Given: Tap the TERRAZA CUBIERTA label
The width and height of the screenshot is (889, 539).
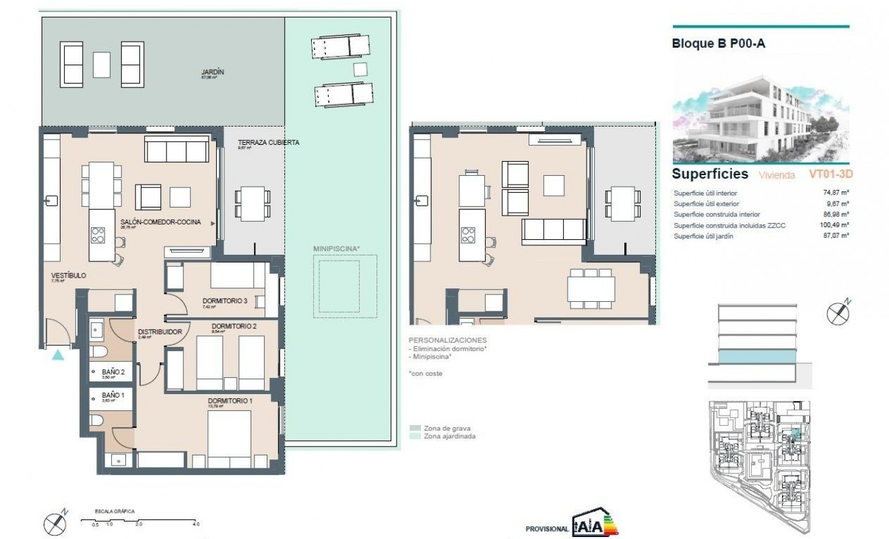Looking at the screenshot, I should tap(268, 142).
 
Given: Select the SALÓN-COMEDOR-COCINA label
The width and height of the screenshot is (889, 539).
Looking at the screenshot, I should tap(160, 222).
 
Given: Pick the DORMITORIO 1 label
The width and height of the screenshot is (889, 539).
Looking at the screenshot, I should tap(230, 402).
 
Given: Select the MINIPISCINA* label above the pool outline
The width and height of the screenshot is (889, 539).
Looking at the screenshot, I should tap(337, 249).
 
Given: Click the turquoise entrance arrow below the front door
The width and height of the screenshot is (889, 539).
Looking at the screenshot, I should tap(59, 354).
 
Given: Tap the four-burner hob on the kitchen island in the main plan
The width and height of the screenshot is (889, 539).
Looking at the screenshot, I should tap(98, 234).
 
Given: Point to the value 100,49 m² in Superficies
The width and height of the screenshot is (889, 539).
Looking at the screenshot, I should tap(834, 225).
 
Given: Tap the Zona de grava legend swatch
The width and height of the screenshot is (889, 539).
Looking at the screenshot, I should tap(415, 428).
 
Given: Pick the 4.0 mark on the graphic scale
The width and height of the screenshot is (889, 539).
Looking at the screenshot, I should tap(195, 524).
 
